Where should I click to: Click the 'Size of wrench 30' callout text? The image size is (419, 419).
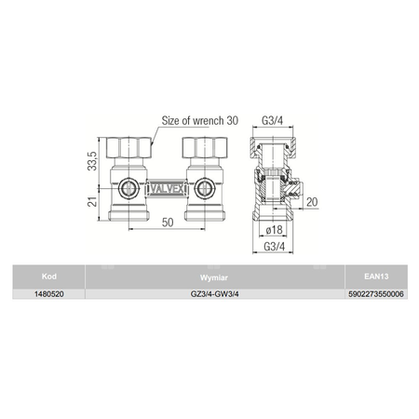(x=200, y=121)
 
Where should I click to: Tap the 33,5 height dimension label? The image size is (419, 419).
(x=92, y=161)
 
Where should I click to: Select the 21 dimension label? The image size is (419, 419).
(x=92, y=202)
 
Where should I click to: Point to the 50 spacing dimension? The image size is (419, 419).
(x=168, y=223)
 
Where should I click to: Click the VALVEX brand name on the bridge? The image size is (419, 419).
(x=167, y=189)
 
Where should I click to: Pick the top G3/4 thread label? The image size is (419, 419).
(x=273, y=120)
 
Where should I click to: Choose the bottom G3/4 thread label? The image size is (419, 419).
(x=274, y=247)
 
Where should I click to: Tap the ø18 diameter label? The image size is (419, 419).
(x=275, y=230)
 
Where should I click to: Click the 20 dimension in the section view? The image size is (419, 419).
(x=312, y=202)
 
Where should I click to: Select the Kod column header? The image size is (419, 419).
(x=49, y=277)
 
